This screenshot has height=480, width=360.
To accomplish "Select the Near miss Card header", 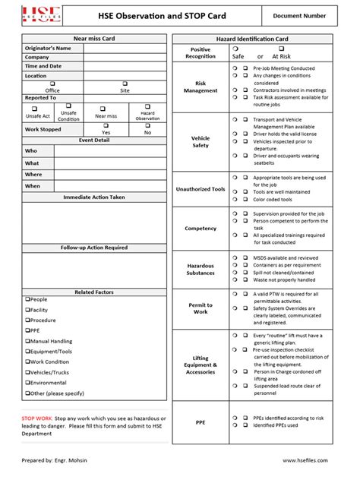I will [x=94, y=38].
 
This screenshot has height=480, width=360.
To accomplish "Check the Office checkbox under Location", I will [x=52, y=84].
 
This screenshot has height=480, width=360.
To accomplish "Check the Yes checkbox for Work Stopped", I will [x=106, y=125].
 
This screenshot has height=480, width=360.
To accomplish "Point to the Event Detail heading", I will [x=94, y=141].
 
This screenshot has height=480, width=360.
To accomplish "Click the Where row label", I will [x=33, y=174].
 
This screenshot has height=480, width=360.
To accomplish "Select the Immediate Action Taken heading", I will [x=94, y=197].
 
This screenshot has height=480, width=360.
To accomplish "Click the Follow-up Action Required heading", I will [x=94, y=248].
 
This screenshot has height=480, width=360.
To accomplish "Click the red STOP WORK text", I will [x=37, y=418].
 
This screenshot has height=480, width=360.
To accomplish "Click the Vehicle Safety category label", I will [x=201, y=141].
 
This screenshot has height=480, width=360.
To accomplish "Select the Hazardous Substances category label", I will [x=201, y=269].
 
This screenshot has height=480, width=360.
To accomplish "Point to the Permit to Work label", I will [x=201, y=308].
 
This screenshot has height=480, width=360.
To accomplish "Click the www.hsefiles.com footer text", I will [x=310, y=460].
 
